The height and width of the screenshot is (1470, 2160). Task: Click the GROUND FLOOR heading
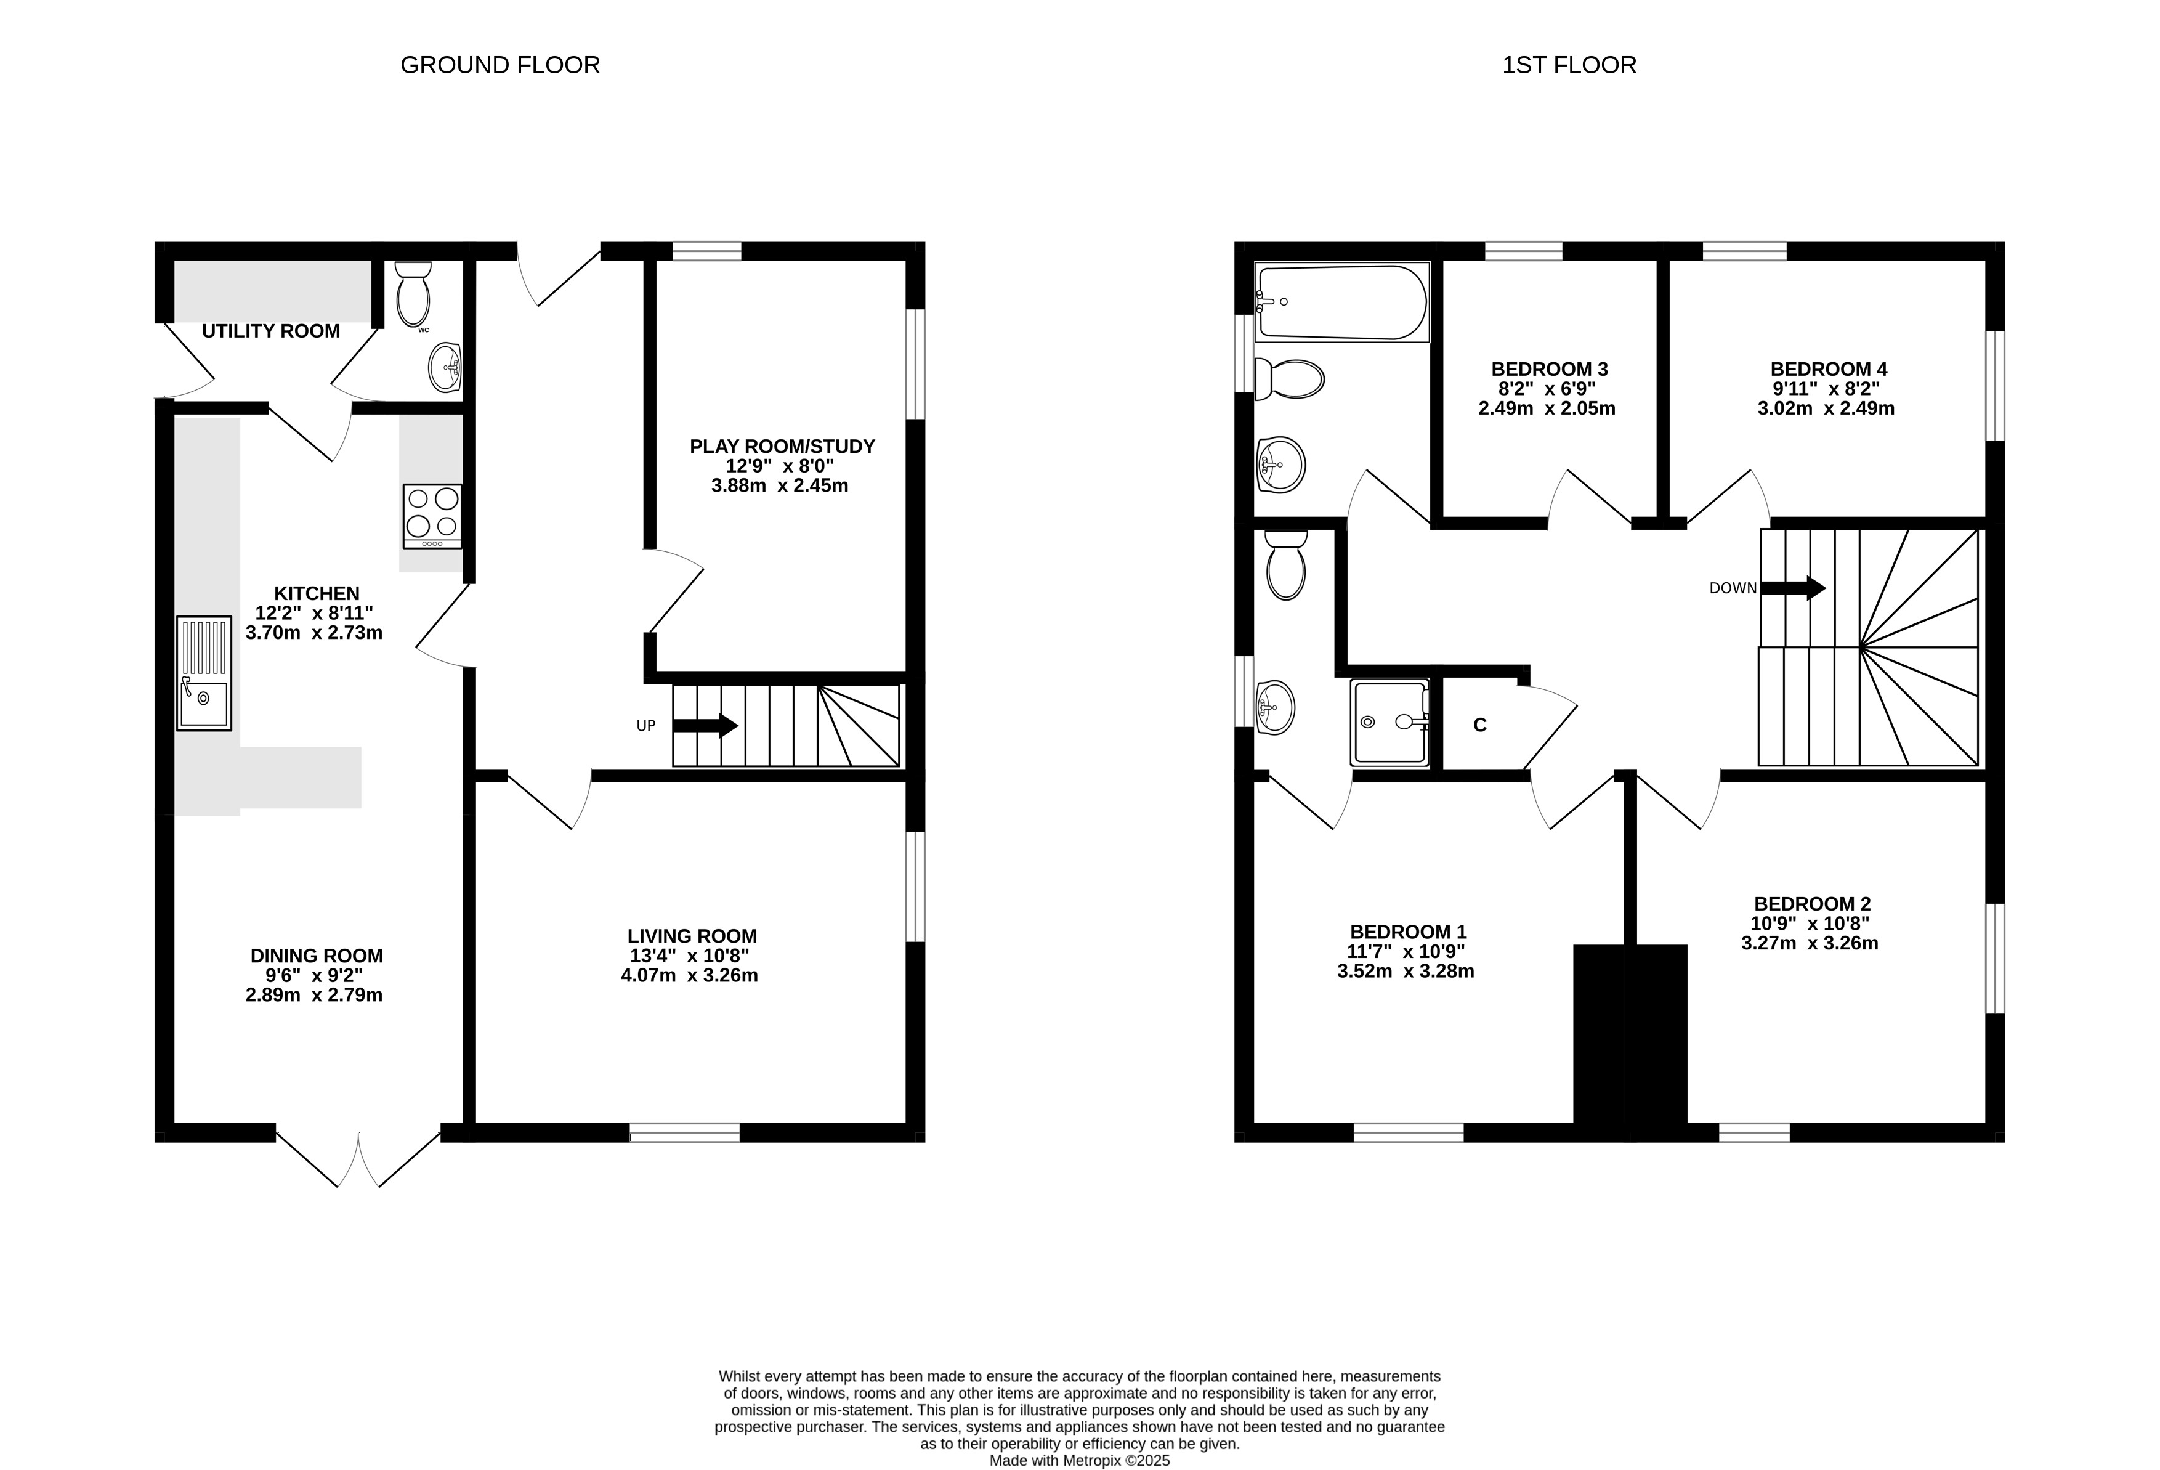click(500, 65)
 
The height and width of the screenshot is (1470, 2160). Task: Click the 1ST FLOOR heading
click(1569, 65)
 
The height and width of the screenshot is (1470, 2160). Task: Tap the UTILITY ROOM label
click(270, 331)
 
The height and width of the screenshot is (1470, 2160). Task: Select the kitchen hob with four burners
click(432, 516)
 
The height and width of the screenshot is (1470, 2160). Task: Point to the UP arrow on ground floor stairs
click(705, 725)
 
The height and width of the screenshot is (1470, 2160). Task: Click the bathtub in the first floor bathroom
click(1341, 302)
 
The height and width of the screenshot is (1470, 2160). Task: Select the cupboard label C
click(1479, 725)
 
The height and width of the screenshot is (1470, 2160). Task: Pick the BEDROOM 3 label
click(1550, 369)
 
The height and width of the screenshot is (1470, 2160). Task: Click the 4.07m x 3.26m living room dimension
click(690, 975)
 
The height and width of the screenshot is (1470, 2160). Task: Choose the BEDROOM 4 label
click(1828, 369)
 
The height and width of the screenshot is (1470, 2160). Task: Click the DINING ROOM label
click(317, 956)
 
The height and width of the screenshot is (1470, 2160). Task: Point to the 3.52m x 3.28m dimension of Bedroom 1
click(1406, 971)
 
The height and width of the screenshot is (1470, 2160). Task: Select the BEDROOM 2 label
click(1813, 904)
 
